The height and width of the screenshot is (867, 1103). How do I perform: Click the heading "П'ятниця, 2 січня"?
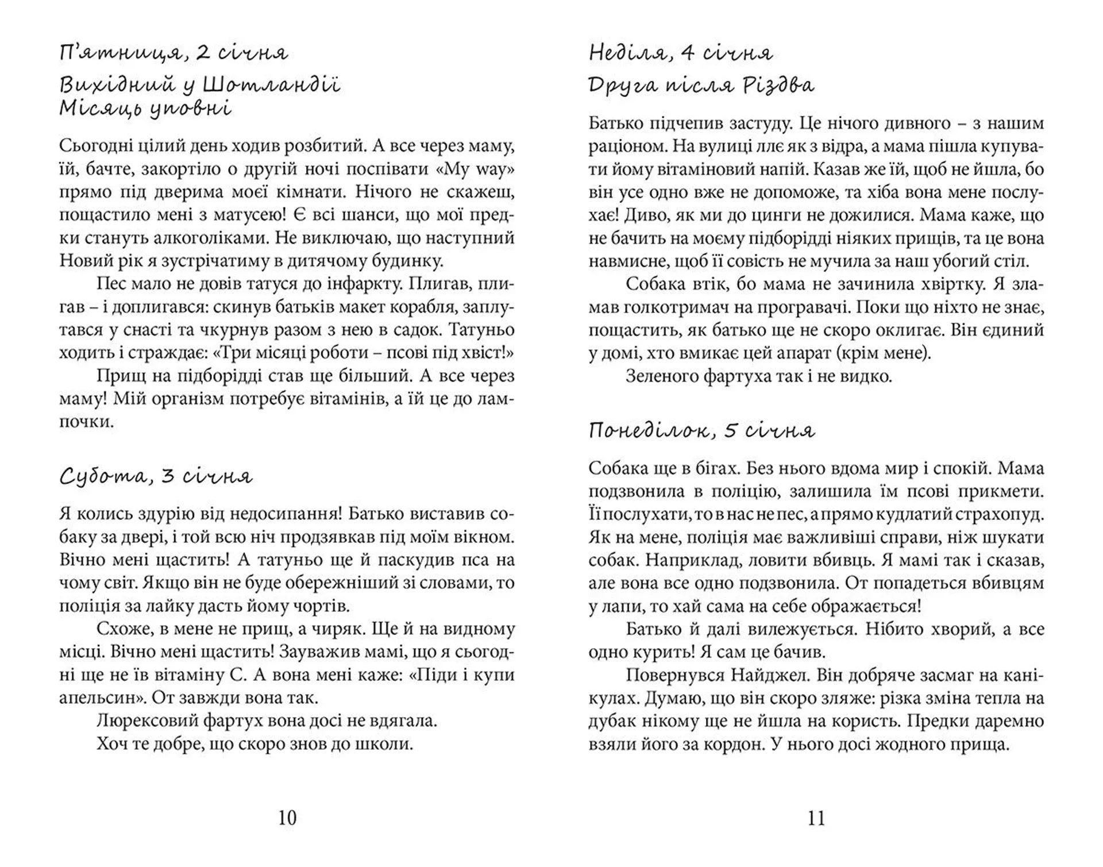pos(173,53)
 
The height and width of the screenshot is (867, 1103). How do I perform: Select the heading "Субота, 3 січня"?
pos(156,477)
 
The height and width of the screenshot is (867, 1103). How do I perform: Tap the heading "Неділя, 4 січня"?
pos(681,53)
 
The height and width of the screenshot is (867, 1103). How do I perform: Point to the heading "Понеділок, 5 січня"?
pos(701,431)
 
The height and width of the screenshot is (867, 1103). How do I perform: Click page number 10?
pos(287,818)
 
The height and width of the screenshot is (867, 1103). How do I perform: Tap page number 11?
pos(816,818)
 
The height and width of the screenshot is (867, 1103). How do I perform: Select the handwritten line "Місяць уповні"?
pos(145,109)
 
